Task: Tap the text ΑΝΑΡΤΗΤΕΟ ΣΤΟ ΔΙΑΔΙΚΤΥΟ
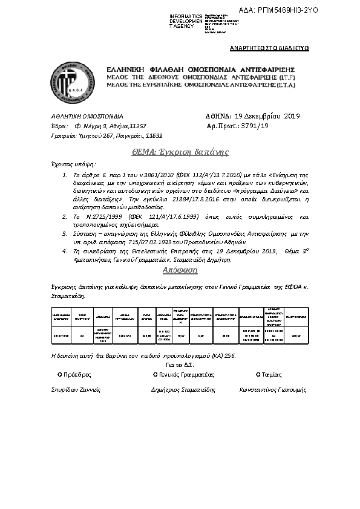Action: coord(270,47)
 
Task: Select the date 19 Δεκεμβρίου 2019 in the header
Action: coord(267,115)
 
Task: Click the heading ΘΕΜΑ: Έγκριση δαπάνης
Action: coord(180,151)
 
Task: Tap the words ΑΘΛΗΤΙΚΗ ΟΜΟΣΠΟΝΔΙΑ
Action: coord(87,115)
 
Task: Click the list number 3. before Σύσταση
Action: coord(66,232)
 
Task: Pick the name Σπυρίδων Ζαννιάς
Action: coord(75,390)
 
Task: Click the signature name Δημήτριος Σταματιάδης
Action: coord(183,390)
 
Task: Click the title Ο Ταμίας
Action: coord(269,374)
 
